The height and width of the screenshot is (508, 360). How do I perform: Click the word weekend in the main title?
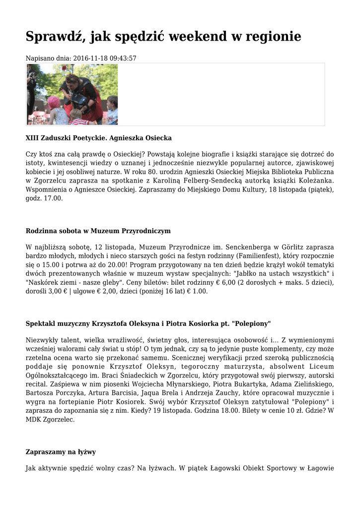[x=194, y=37]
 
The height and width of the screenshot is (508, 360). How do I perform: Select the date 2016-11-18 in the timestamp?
[x=91, y=59]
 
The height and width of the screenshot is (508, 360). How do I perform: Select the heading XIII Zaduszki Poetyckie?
[x=65, y=137]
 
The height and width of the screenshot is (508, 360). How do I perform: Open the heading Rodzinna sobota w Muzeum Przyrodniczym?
[x=98, y=231]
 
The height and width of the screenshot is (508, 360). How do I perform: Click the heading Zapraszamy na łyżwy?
[x=61, y=452]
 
